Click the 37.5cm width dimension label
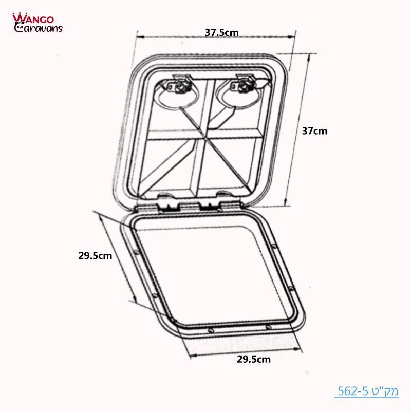tap(222, 32)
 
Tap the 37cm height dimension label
tap(314, 130)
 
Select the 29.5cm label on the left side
tap(95, 255)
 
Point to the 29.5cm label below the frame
tap(254, 359)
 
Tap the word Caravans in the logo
tap(39, 28)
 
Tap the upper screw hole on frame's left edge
tap(136, 252)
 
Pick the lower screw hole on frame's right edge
tap(291, 290)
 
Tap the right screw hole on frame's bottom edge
tap(268, 327)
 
